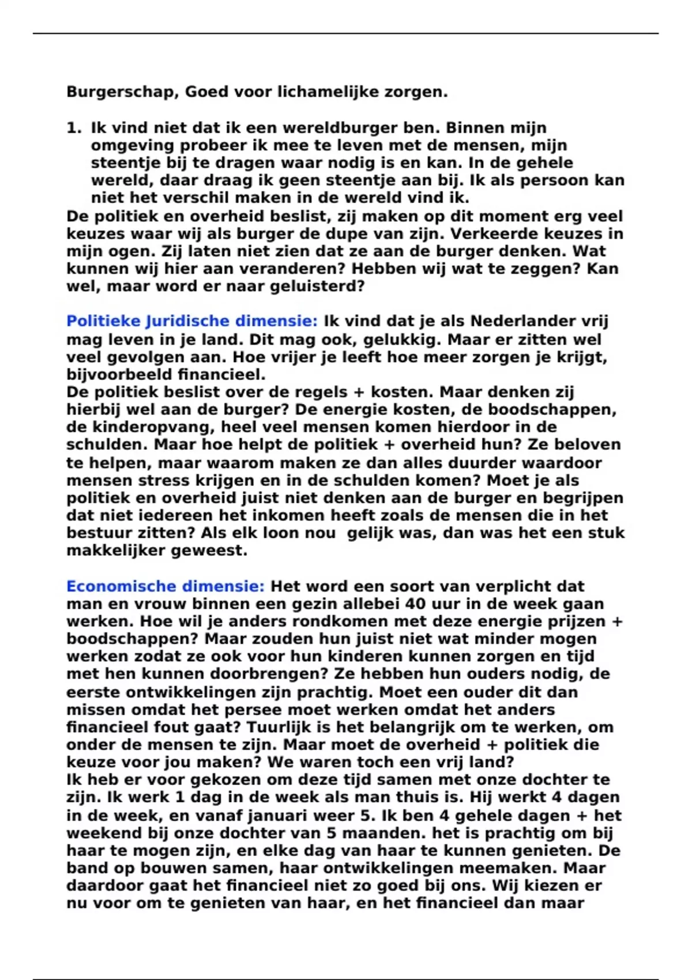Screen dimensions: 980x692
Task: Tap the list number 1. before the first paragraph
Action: coord(74,128)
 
